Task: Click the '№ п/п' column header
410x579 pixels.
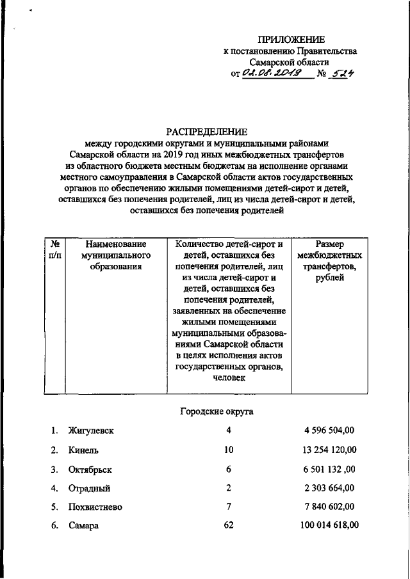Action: tap(55, 250)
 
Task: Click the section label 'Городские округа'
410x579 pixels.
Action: tap(215, 411)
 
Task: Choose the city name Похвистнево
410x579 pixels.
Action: tap(95, 507)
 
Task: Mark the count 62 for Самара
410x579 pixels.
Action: tap(229, 526)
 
